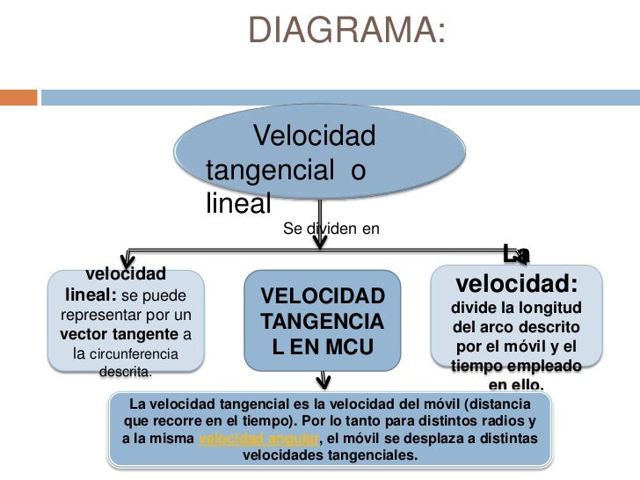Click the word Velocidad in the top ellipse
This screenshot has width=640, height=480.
[314, 136]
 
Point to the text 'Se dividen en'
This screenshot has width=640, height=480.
[331, 229]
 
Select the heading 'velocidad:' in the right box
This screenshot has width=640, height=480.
[517, 285]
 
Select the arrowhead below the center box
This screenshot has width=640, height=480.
[324, 381]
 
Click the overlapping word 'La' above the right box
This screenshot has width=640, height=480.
[516, 254]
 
